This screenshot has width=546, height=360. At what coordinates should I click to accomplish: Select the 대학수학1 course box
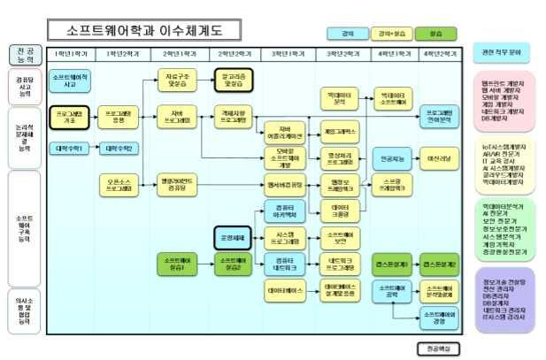pyautogui.click(x=68, y=149)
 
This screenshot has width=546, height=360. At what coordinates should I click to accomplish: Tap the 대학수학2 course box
pyautogui.click(x=119, y=149)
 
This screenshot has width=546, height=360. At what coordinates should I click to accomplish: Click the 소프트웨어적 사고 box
pyautogui.click(x=70, y=80)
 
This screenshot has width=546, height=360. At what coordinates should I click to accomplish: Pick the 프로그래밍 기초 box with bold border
pyautogui.click(x=70, y=116)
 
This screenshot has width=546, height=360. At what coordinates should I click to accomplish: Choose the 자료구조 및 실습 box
pyautogui.click(x=177, y=80)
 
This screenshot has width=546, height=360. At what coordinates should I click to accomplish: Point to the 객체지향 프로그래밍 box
pyautogui.click(x=235, y=116)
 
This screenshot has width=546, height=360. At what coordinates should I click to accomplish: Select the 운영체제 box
pyautogui.click(x=234, y=237)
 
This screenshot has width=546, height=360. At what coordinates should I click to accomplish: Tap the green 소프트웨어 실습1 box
pyautogui.click(x=177, y=264)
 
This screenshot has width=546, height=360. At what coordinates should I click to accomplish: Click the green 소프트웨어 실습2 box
pyautogui.click(x=234, y=264)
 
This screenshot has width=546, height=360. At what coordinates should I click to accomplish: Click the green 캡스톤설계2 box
pyautogui.click(x=439, y=264)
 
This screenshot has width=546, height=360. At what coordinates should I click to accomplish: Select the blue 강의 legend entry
pyautogui.click(x=336, y=34)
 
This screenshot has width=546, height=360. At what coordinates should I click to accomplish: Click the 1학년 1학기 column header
pyautogui.click(x=71, y=54)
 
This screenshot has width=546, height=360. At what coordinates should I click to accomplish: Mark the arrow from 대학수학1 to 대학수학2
pyautogui.click(x=94, y=149)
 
